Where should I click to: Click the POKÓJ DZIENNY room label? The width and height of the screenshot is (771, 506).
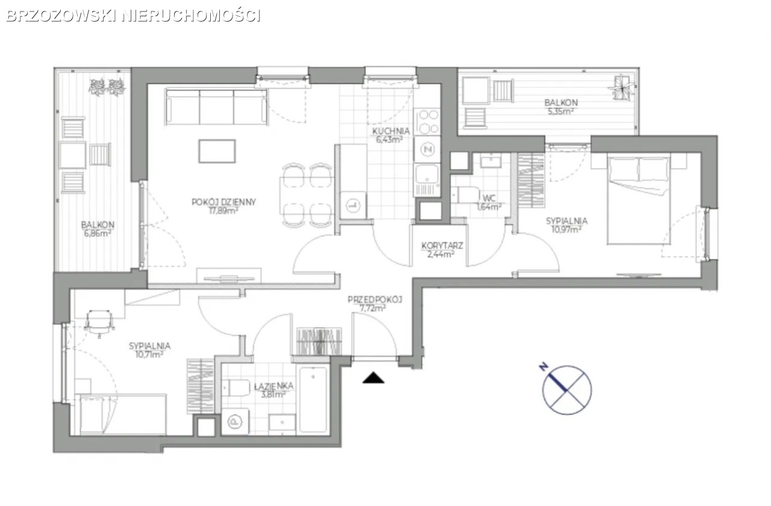(223, 202)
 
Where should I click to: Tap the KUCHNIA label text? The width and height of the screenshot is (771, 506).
(391, 131)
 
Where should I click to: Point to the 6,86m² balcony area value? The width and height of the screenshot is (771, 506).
(98, 233)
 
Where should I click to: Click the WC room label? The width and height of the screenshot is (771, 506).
(489, 198)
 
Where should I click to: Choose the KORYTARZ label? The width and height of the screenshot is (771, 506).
(442, 246)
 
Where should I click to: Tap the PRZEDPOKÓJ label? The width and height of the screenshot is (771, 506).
(375, 299)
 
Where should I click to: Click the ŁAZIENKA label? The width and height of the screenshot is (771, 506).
(273, 386)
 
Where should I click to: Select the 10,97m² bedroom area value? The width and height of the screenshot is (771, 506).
(567, 230)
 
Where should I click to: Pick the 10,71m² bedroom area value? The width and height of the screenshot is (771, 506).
(149, 354)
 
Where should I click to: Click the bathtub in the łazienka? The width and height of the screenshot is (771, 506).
(313, 399)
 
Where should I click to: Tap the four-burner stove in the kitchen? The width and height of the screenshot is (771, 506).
(427, 122)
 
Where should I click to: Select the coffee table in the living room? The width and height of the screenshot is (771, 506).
(217, 151)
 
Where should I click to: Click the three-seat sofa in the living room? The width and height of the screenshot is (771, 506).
(216, 107)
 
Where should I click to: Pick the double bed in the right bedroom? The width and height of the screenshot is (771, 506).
(638, 199)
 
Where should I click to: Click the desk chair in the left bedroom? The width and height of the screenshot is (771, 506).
(99, 322)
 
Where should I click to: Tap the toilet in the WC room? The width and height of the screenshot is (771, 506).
(466, 195)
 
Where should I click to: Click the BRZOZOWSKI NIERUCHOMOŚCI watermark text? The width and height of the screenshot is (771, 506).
(133, 16)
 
